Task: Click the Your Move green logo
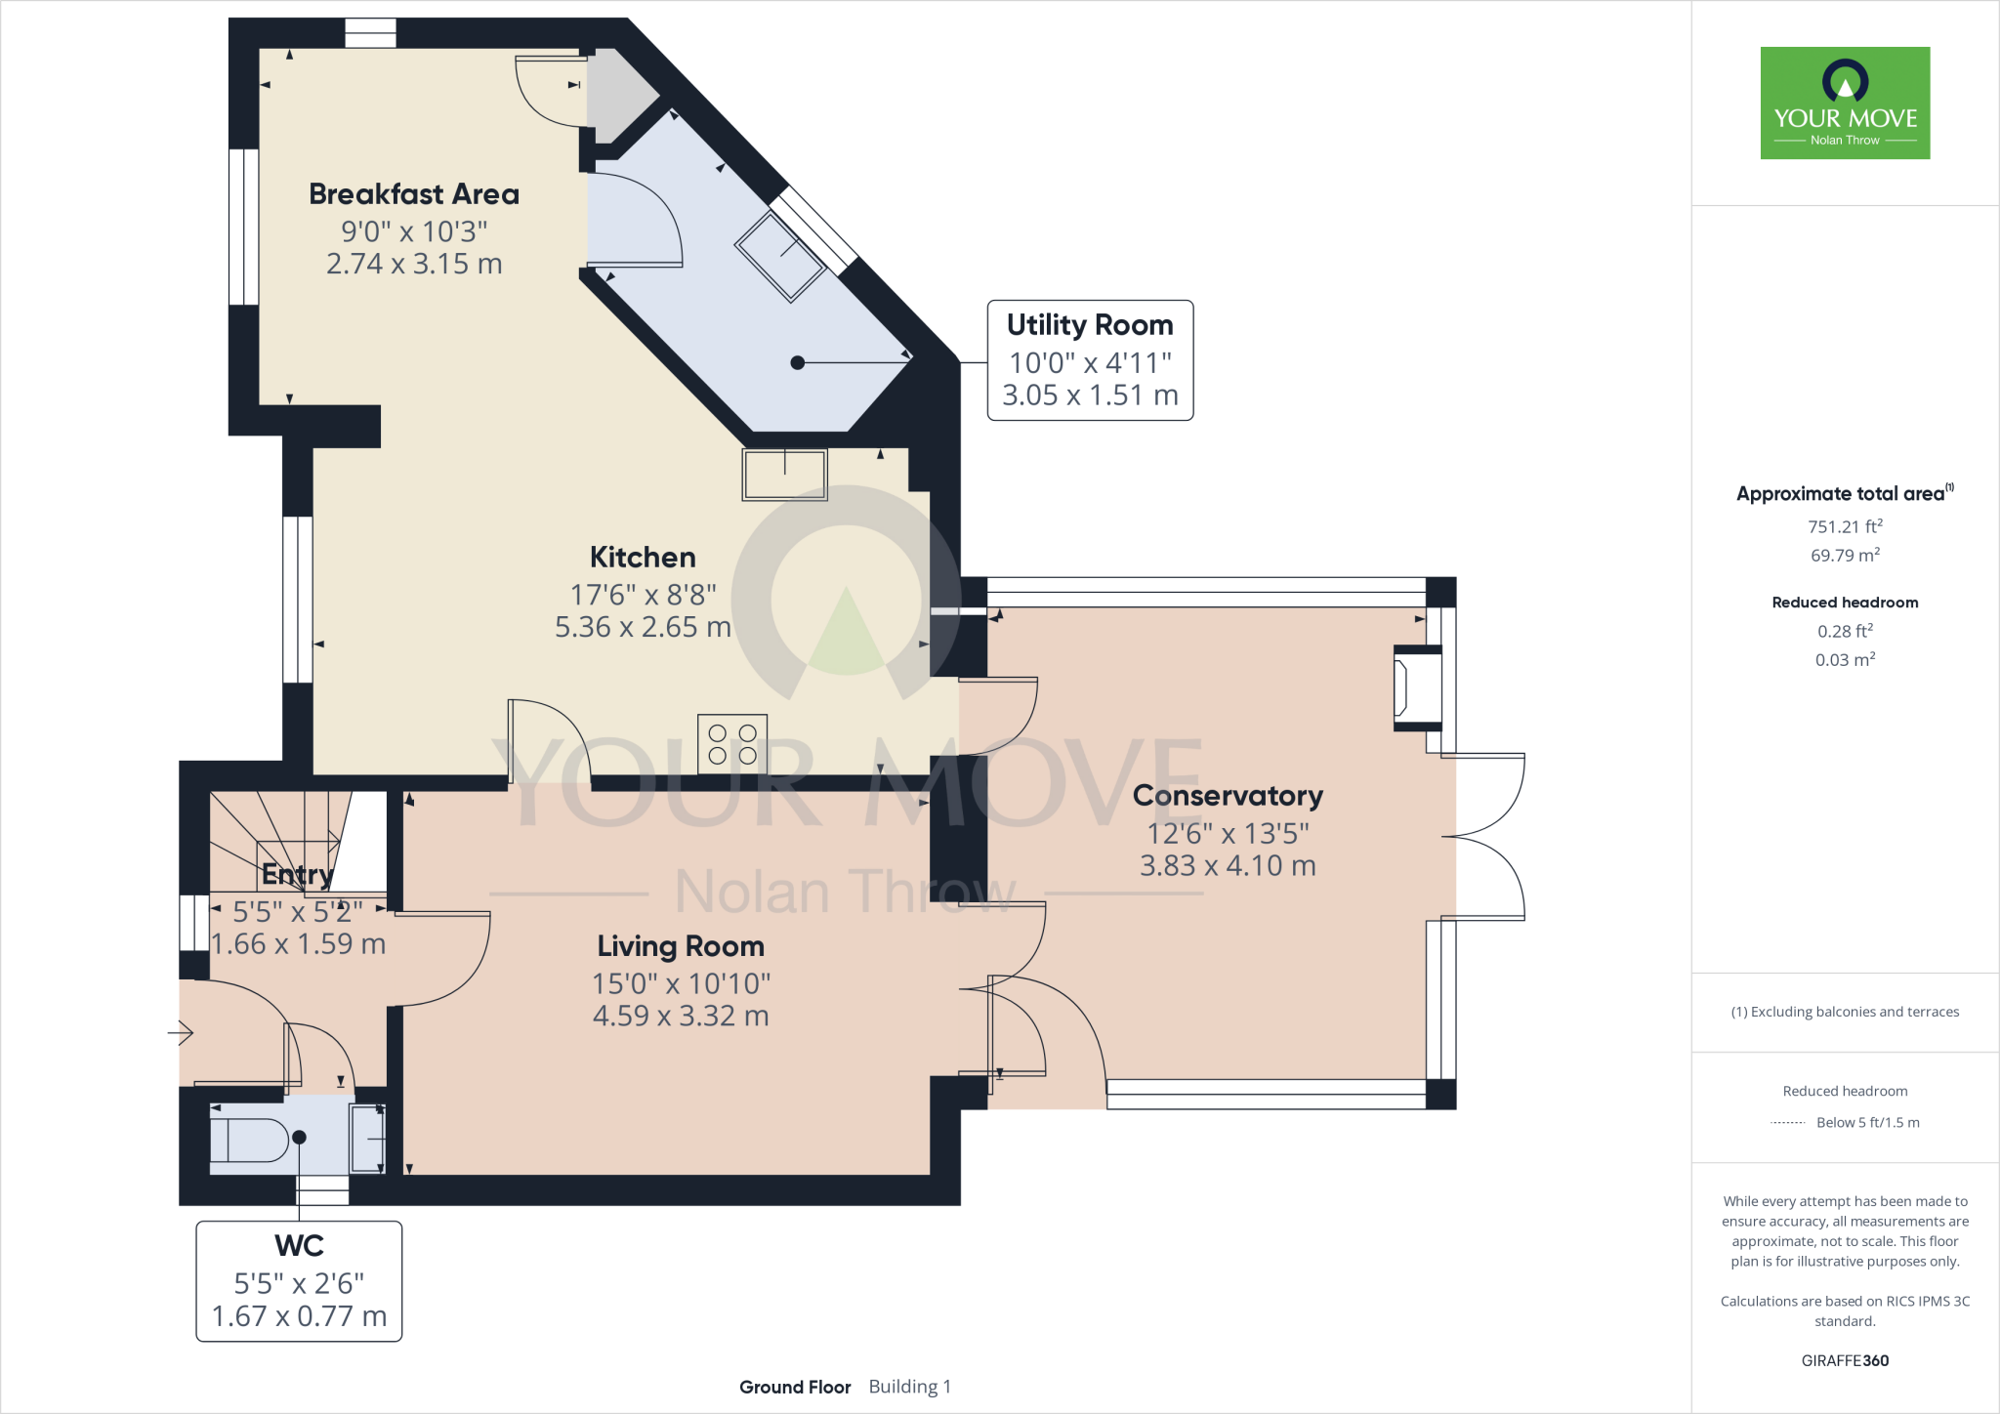point(1845,103)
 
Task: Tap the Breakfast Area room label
point(414,194)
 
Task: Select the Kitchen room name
point(643,558)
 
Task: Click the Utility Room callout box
point(1090,360)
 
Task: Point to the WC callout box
point(299,1281)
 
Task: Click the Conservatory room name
point(1228,796)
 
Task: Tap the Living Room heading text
point(681,946)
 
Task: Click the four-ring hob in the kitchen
point(732,744)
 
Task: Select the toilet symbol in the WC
point(250,1140)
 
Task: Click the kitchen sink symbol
point(785,475)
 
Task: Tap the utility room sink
point(780,256)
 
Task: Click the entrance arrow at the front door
point(181,1032)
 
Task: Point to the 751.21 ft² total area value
point(1845,526)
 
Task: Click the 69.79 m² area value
point(1845,555)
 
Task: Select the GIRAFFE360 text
point(1845,1360)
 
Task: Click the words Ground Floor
point(795,1387)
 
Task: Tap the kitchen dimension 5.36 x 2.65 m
point(643,627)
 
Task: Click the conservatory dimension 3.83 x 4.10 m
point(1228,865)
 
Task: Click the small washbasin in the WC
point(367,1138)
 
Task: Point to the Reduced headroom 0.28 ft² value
point(1845,631)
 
